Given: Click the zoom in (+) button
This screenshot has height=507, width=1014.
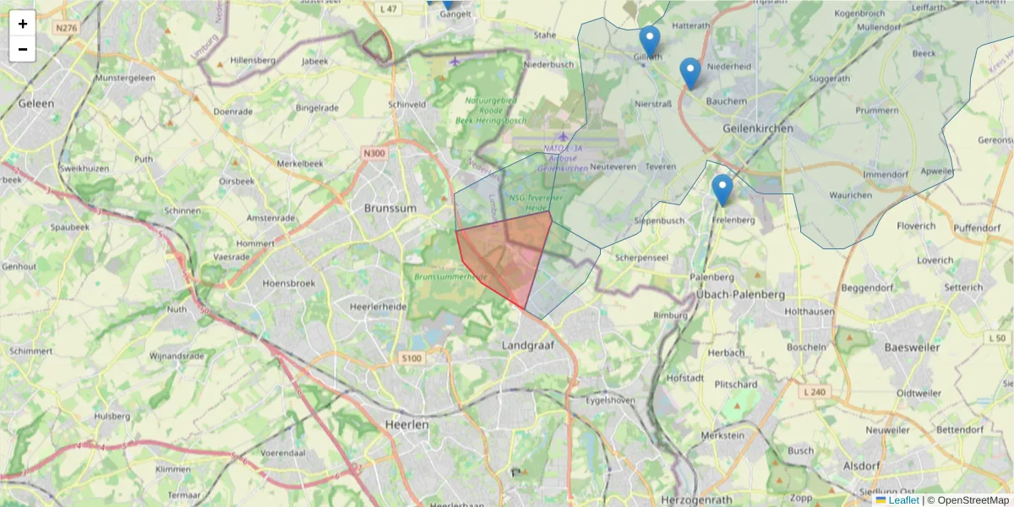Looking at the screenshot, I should (23, 24).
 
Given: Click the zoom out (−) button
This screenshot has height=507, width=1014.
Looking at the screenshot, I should (23, 49).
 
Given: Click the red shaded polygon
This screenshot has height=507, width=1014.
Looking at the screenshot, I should (503, 253).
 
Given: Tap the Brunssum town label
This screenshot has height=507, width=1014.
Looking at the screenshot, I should (390, 208).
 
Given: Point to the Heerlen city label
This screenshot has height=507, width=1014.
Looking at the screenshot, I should (406, 425).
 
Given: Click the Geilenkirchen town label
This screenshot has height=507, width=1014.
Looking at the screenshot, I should (758, 128).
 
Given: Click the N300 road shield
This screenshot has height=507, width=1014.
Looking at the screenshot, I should (373, 153).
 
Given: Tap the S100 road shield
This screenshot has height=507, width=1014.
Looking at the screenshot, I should (411, 359).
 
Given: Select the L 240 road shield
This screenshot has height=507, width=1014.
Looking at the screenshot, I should (815, 392).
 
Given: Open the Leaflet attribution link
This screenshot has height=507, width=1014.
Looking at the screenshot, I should (902, 500).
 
